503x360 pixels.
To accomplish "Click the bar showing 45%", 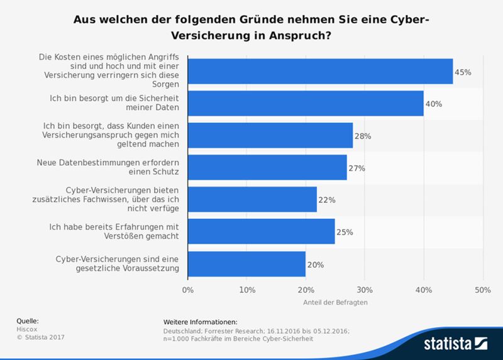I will click(x=320, y=71).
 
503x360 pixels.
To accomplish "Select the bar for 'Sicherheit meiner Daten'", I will click(x=306, y=104).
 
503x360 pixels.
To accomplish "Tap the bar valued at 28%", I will click(x=270, y=136).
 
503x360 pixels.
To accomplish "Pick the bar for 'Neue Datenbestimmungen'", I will click(x=267, y=168).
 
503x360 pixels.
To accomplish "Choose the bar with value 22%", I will click(x=252, y=200).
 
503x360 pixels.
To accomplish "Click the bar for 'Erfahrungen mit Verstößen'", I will click(x=261, y=232).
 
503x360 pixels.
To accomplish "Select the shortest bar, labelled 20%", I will click(x=246, y=264).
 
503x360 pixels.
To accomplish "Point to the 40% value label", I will click(x=434, y=104).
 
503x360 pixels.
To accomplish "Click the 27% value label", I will click(x=357, y=168).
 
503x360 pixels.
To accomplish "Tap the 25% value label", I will click(x=345, y=232).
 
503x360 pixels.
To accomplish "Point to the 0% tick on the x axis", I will click(x=187, y=290).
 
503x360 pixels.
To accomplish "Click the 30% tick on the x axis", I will click(x=365, y=290).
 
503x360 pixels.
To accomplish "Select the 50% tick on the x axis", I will click(x=482, y=290).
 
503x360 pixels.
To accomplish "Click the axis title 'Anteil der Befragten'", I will click(x=335, y=302).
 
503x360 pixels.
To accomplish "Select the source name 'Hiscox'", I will click(x=26, y=329).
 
